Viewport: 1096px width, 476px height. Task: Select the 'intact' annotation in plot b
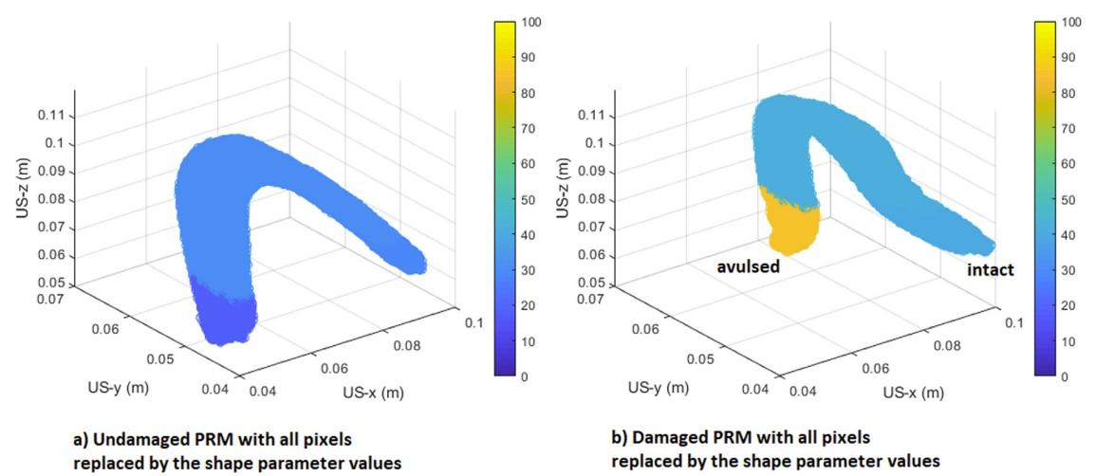tap(990, 270)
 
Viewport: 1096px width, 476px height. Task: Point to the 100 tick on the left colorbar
tap(531, 20)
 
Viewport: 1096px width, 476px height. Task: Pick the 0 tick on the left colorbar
tap(525, 376)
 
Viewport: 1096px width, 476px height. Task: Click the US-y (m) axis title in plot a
tap(111, 387)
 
